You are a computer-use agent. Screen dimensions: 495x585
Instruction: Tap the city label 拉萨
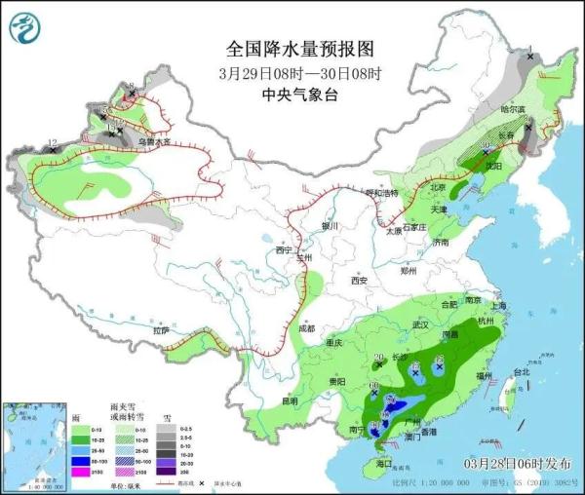point(161,331)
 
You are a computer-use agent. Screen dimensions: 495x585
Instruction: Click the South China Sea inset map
point(30,443)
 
